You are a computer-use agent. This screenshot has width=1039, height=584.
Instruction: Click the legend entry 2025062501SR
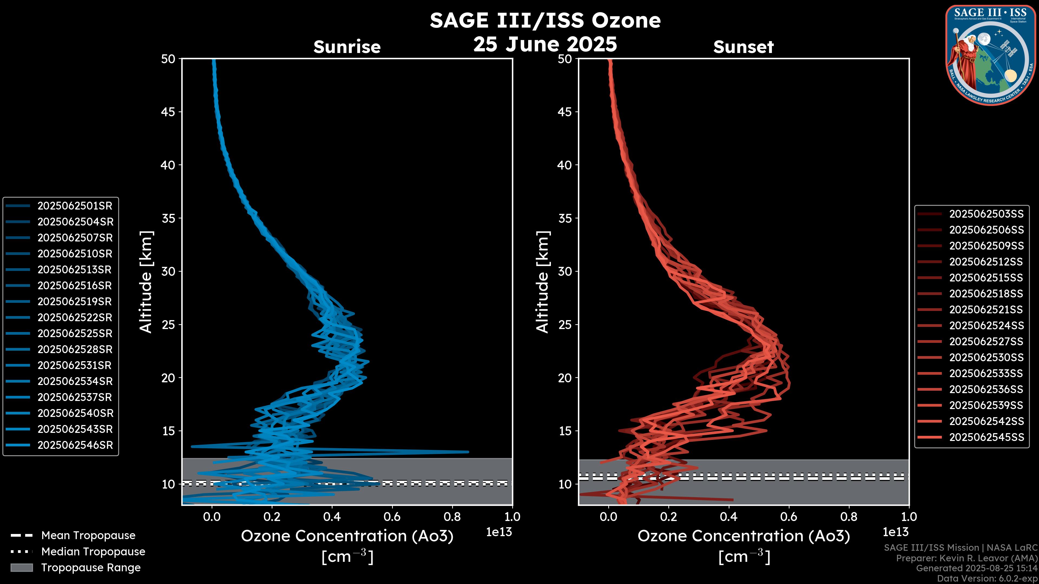pos(75,206)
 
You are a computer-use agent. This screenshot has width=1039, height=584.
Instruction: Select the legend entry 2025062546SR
pos(75,445)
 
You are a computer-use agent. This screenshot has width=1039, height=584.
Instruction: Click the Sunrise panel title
pos(347,47)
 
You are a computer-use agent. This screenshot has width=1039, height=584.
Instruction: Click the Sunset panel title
pos(743,47)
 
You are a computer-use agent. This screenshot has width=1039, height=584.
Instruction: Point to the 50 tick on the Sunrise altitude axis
pos(168,59)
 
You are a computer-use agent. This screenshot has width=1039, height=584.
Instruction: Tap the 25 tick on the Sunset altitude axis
pos(565,324)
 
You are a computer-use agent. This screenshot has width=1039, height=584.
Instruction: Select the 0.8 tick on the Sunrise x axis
pos(452,517)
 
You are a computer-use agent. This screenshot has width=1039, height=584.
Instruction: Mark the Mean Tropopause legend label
pos(88,536)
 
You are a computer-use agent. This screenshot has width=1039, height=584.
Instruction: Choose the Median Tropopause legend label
pos(93,552)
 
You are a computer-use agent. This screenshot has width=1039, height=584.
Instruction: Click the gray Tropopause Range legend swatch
pos(21,568)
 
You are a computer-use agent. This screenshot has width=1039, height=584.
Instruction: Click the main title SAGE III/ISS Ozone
pos(545,20)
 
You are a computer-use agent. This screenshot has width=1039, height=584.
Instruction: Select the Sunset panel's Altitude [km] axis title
pos(542,282)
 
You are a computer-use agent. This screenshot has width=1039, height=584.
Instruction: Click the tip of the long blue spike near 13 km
pos(468,452)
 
